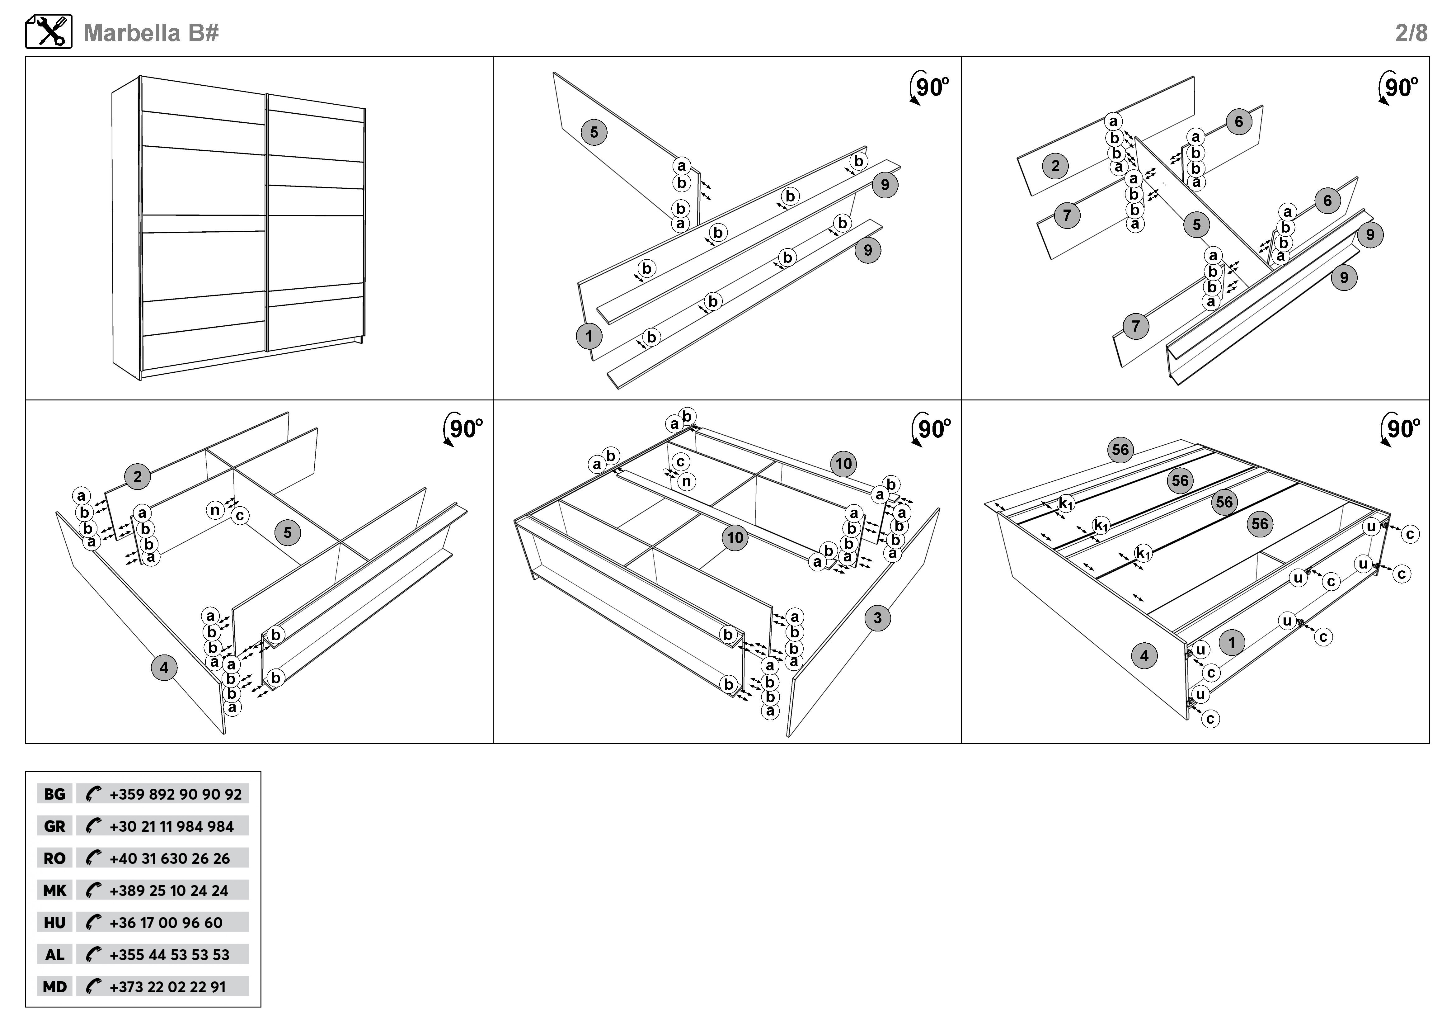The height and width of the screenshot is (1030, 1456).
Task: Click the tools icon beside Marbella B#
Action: point(49,32)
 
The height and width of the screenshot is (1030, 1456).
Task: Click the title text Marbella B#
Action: point(151,33)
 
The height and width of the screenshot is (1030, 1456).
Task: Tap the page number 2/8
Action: point(1411,33)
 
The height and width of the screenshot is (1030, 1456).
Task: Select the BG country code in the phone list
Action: point(54,794)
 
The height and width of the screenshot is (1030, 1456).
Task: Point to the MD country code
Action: point(54,987)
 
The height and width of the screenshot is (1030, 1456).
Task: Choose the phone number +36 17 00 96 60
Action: point(166,923)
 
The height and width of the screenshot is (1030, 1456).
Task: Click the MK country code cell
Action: point(54,891)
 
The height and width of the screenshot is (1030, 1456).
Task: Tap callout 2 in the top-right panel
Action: point(1055,166)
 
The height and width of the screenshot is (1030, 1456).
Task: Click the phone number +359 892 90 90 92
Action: point(176,794)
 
